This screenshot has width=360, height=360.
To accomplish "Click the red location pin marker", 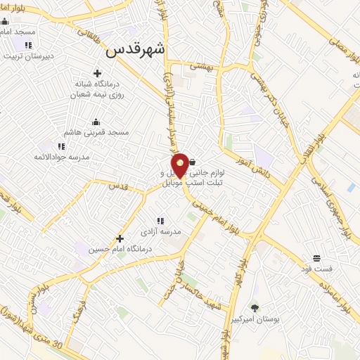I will (180, 165).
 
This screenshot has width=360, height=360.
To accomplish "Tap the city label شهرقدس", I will (136, 51).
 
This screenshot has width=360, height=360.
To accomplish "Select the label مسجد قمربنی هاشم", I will (98, 132).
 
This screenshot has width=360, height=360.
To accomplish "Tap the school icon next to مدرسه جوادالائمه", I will (61, 146).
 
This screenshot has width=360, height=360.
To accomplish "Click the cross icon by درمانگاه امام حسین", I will (120, 238).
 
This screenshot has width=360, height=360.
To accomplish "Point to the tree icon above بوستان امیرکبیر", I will (255, 308).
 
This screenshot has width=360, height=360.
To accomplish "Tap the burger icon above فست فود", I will (316, 257).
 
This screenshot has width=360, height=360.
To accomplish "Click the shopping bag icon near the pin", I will (193, 162).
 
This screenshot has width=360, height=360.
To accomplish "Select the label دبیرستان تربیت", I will (30, 57).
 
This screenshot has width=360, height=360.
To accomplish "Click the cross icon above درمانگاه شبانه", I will (97, 73).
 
